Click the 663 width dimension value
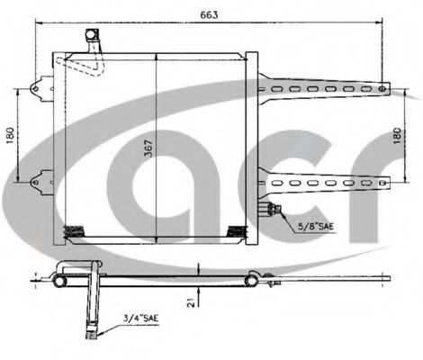pos(209,14)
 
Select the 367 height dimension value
pos(148,148)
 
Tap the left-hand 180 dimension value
pos(10,135)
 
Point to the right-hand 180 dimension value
pos(397,136)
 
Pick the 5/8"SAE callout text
pos(316,226)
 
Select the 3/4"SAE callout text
pos(140,318)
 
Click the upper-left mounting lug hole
pos(35,89)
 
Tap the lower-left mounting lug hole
pos(35,182)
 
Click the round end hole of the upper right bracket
pos(382,89)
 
